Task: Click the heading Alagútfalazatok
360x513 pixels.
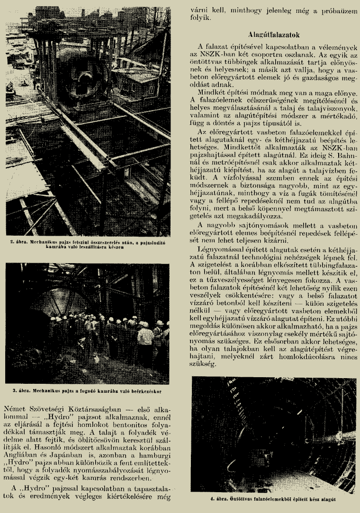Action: point(273,35)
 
